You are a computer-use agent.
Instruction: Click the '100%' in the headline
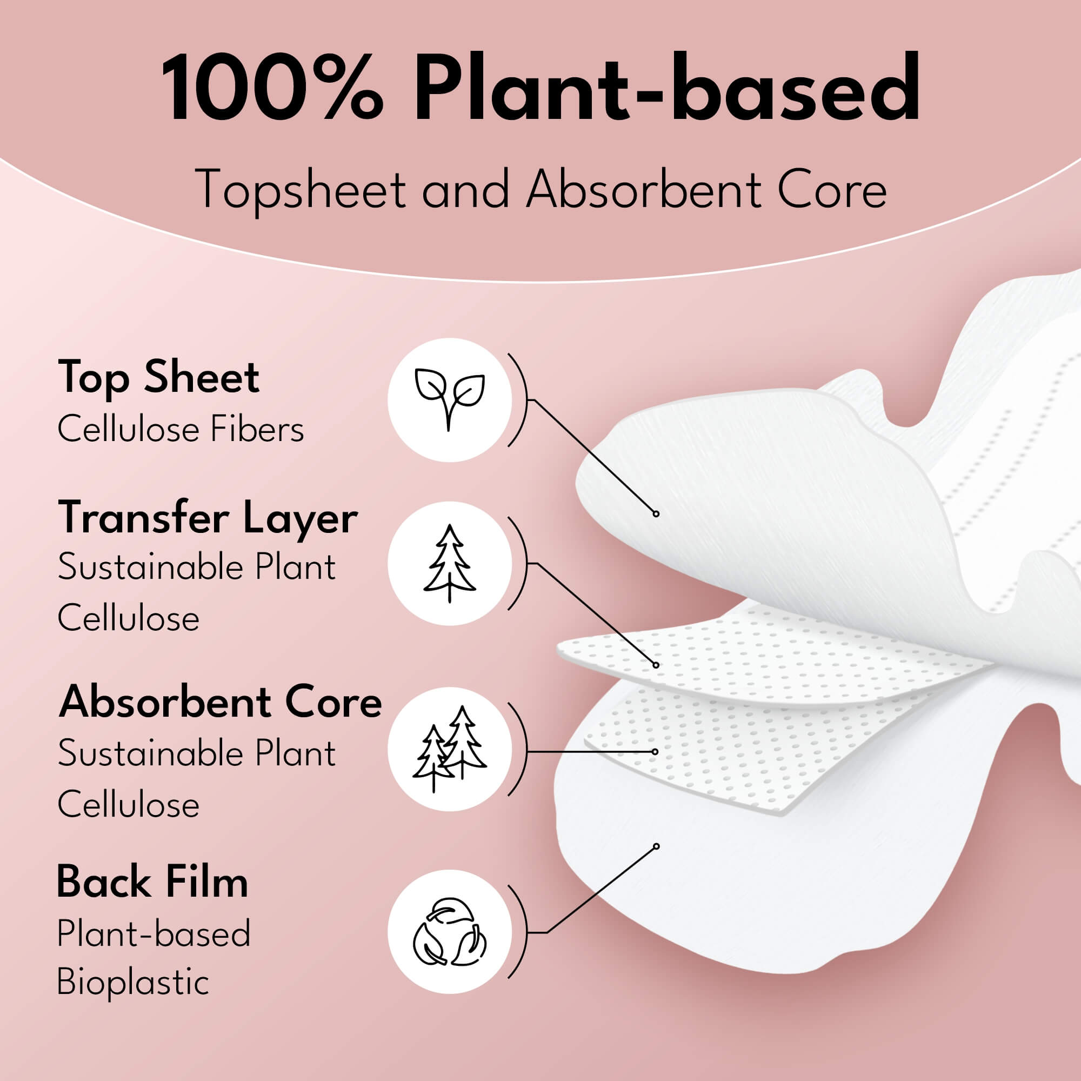272,89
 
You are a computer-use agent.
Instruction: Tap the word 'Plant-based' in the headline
666,89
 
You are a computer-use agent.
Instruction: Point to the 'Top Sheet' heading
159,378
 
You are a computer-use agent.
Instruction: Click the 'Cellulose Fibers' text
181,430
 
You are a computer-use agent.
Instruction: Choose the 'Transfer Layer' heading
208,518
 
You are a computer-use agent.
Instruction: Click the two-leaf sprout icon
449,399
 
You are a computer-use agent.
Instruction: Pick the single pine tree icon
449,563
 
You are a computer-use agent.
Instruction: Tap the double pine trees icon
449,749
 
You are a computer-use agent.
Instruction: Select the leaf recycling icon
449,932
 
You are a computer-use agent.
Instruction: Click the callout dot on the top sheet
656,513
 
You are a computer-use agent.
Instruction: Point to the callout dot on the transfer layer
656,665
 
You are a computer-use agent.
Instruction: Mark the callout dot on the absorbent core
655,751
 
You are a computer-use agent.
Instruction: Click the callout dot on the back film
656,846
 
